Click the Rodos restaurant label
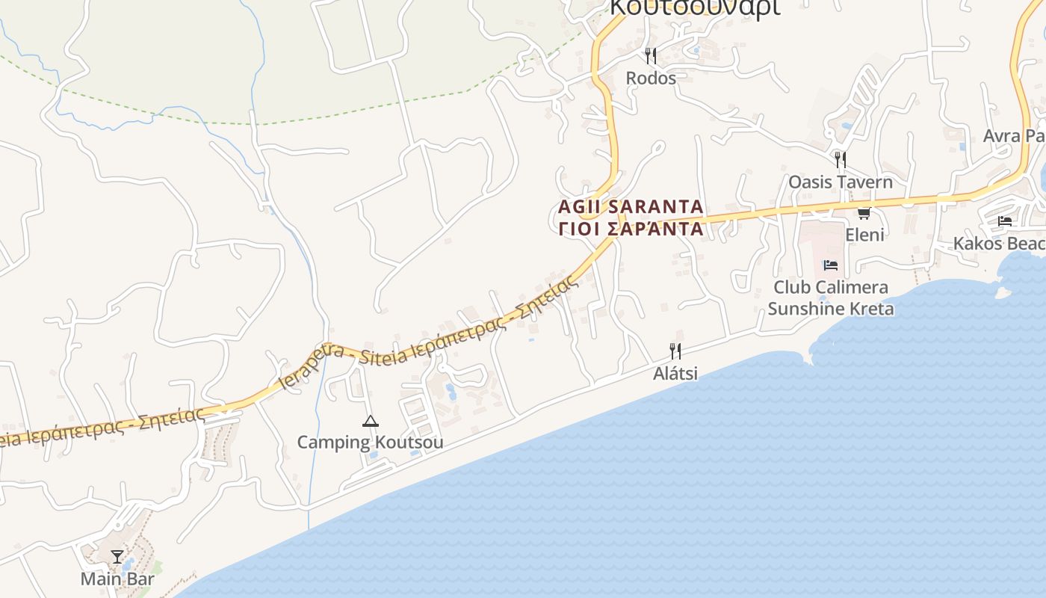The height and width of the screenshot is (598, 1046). [x=651, y=78]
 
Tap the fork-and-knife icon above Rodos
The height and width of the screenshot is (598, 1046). [x=651, y=55]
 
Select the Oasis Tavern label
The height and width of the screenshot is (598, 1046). [x=841, y=182]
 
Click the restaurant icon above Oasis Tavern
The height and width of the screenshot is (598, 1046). [x=841, y=159]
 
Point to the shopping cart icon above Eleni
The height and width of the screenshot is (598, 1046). [x=864, y=214]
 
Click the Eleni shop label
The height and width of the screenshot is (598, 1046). [x=864, y=235]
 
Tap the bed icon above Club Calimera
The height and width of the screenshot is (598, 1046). [x=830, y=265]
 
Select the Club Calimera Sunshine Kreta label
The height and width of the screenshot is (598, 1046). [x=831, y=298]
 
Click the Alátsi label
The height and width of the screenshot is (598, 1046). [x=675, y=372]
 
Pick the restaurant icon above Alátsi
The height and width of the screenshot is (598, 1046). [x=675, y=351]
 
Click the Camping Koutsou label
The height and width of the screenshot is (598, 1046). [x=370, y=443]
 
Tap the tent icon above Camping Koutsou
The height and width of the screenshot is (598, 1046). [x=370, y=422]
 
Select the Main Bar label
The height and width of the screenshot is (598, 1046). [x=117, y=579]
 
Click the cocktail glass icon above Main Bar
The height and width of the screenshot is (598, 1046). [x=117, y=557]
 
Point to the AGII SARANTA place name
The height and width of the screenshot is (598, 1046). [x=631, y=206]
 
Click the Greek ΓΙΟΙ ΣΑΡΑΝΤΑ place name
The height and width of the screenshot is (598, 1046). [x=631, y=229]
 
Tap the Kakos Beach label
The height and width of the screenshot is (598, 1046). [x=999, y=244]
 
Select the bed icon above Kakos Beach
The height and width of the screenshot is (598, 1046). [x=1005, y=221]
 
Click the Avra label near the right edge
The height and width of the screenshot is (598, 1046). [x=1013, y=136]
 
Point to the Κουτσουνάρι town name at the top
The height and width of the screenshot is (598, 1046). [x=695, y=7]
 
